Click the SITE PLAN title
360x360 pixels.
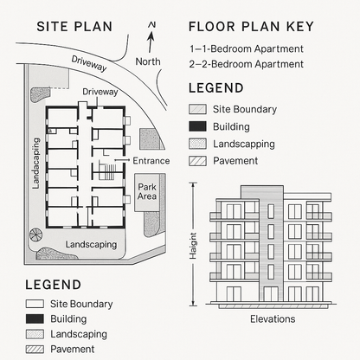[x=74, y=26]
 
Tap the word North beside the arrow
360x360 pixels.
[x=148, y=61]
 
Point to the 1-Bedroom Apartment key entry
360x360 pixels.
[x=246, y=49]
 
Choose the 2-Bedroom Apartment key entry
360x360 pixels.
[x=246, y=64]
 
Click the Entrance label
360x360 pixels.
[x=151, y=161]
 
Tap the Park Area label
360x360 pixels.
[x=146, y=191]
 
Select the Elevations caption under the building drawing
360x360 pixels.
[x=273, y=319]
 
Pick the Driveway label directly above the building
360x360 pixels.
[x=100, y=91]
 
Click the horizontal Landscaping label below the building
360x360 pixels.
[x=91, y=245]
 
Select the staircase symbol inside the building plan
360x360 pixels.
[x=106, y=171]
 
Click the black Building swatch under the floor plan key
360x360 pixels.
[x=197, y=126]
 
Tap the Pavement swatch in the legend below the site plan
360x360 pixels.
[x=35, y=349]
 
